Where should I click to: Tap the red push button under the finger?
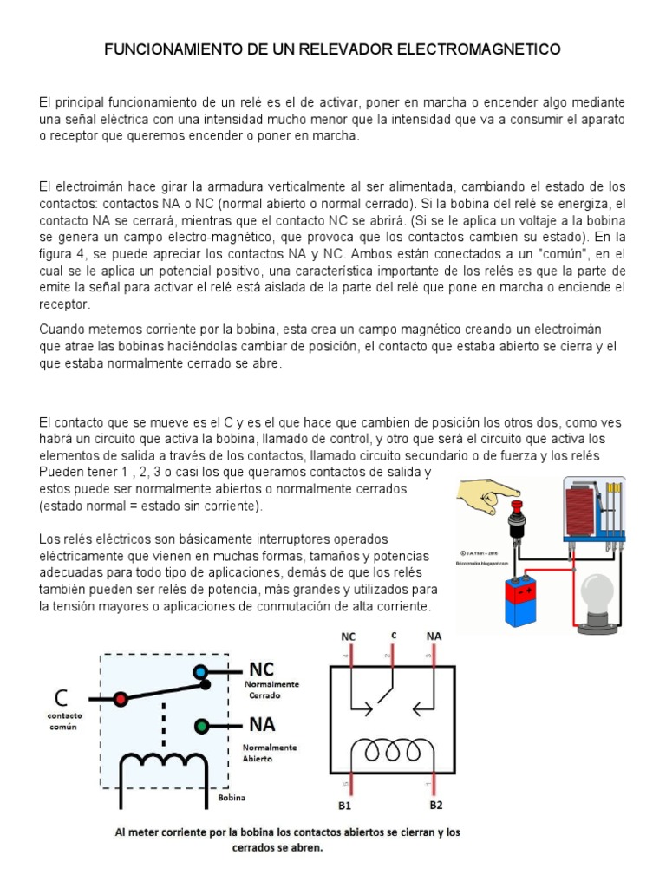pos(519,507)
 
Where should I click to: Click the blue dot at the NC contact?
pos(200,671)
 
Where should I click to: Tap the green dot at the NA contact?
pos(200,725)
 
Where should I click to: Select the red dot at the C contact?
pos(121,698)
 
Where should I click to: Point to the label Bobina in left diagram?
pos(232,797)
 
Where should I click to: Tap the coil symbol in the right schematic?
pos(392,750)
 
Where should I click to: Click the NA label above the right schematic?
pos(434,636)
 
